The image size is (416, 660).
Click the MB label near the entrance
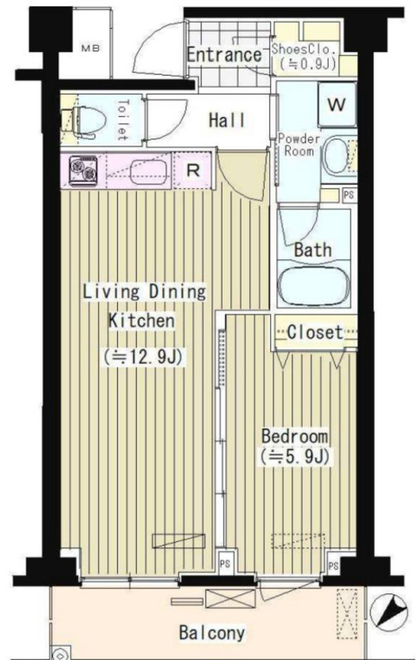point(90,47)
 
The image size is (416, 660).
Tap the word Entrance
point(224,55)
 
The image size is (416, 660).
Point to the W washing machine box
point(337,105)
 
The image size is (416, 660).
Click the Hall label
point(227,120)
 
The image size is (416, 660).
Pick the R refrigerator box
point(192,171)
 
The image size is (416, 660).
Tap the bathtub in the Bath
point(314,286)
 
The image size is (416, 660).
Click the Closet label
point(315,333)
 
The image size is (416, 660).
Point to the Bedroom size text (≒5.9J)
point(295,457)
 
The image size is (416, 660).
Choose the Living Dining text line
point(144,291)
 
